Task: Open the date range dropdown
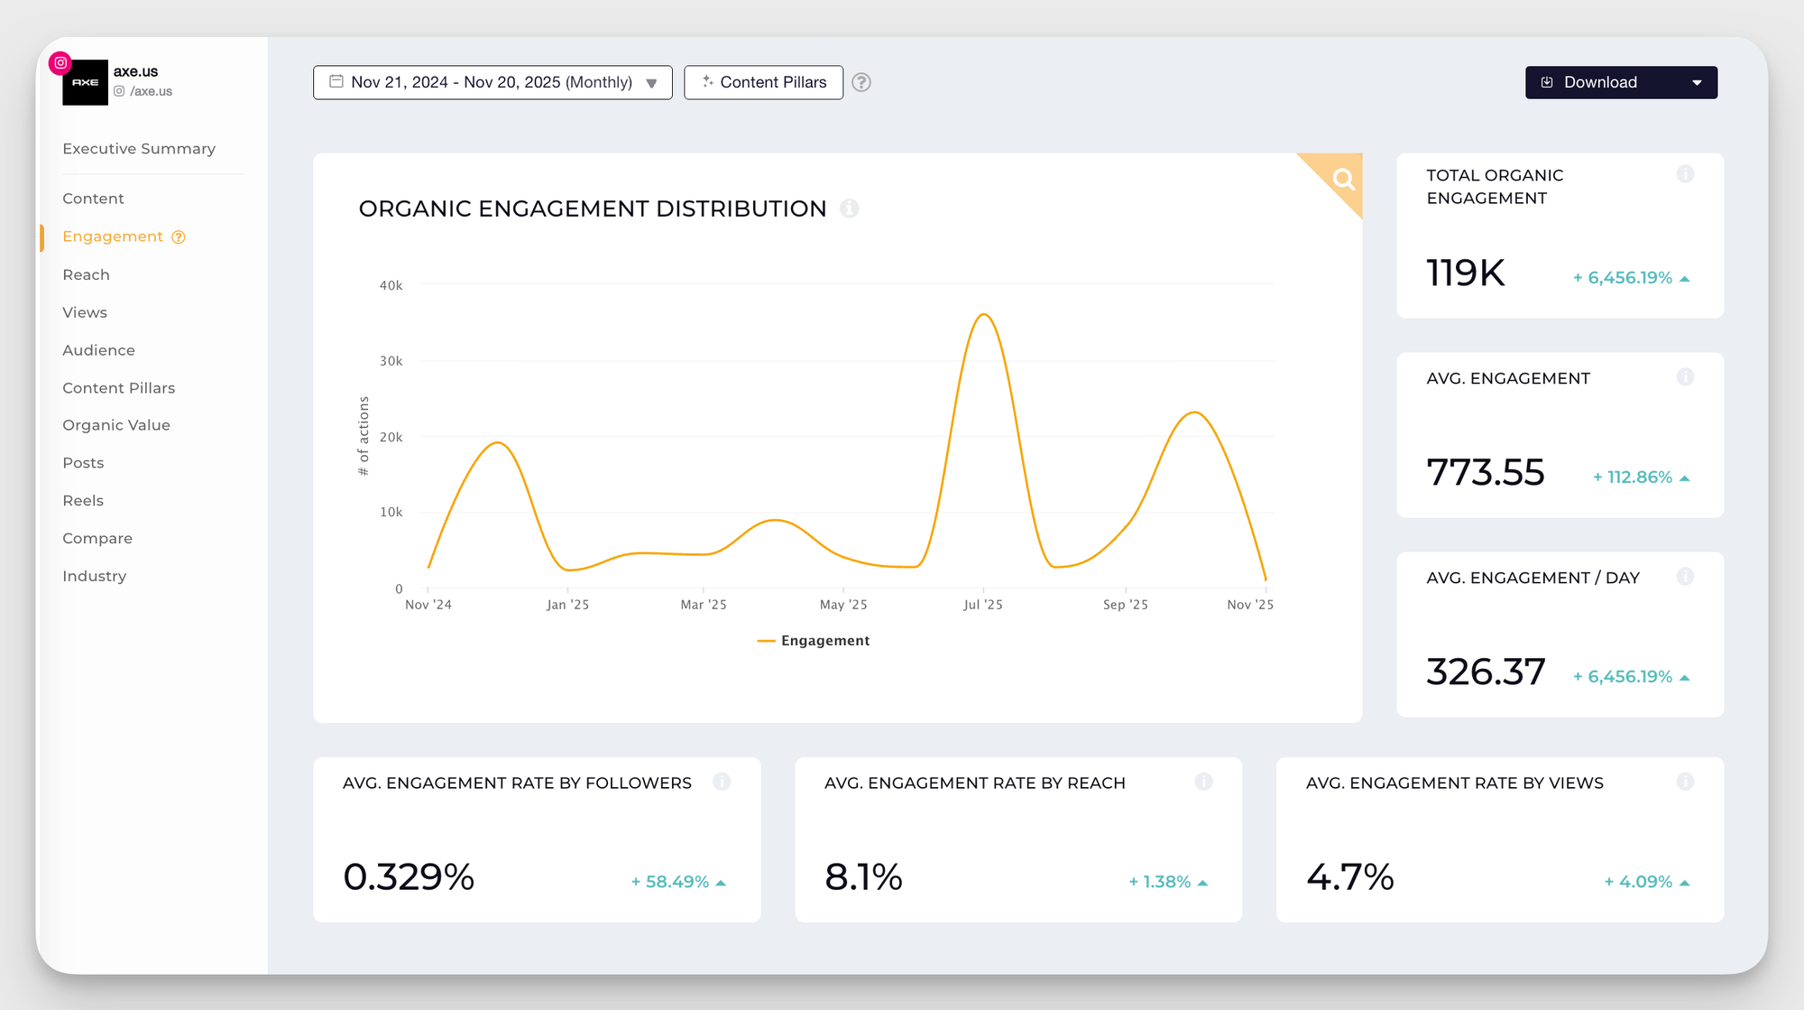point(492,82)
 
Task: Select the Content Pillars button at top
point(763,82)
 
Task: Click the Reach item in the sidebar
point(86,274)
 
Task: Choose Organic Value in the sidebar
point(115,425)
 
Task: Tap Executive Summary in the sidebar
point(139,149)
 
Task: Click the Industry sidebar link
point(94,576)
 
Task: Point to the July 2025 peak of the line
point(984,314)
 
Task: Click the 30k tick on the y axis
point(391,361)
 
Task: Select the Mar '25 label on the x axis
point(703,605)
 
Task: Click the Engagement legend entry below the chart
point(814,641)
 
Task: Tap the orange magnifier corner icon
point(1343,179)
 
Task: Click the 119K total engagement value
point(1465,273)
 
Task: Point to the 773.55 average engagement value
point(1485,472)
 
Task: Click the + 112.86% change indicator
point(1640,477)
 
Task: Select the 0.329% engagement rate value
point(409,876)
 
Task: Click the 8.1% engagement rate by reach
point(863,876)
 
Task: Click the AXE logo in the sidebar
point(85,82)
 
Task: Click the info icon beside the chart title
point(849,208)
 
